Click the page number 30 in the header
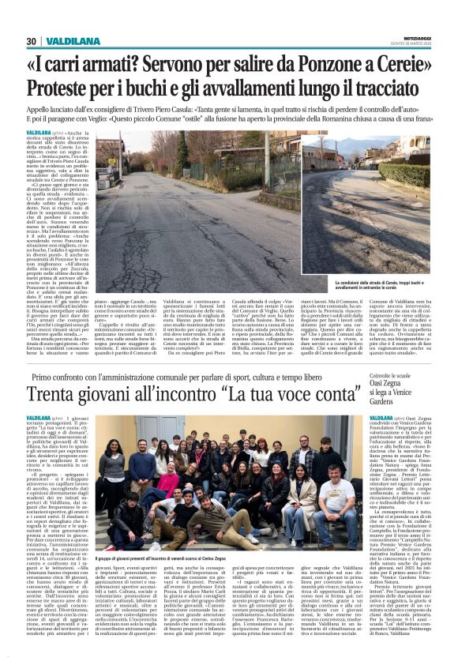click(31, 41)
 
